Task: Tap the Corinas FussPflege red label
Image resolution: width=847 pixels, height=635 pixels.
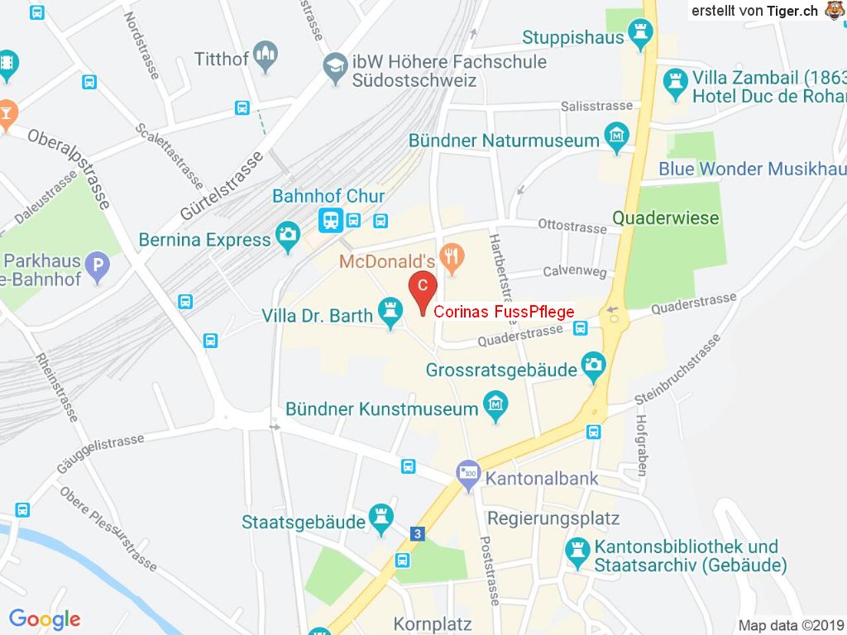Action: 504,312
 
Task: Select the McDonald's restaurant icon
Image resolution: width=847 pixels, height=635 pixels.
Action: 451,257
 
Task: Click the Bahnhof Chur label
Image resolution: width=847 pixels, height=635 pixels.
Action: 328,197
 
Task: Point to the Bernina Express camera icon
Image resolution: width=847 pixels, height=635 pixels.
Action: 288,234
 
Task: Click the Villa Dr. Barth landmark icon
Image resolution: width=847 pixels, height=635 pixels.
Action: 390,312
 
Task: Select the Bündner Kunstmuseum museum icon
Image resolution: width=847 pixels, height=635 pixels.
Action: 495,407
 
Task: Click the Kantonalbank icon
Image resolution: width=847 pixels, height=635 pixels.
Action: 468,475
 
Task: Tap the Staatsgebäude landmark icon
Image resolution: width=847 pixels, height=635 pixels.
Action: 380,516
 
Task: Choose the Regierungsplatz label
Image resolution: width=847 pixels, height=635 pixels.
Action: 553,518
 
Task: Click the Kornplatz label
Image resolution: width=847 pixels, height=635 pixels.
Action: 432,623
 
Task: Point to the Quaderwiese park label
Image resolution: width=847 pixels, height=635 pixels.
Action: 666,218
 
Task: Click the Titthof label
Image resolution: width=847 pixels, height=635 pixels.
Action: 221,59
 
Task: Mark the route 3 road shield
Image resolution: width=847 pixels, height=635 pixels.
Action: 419,534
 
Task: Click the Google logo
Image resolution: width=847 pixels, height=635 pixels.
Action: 44,619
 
